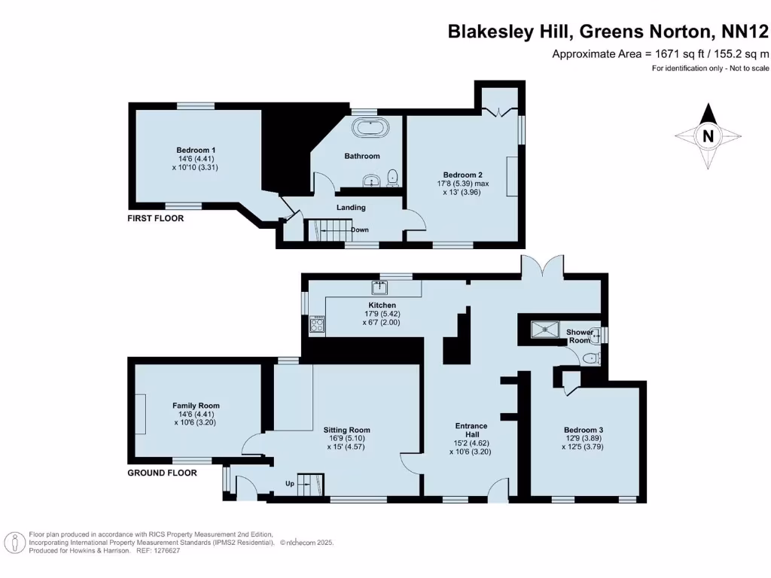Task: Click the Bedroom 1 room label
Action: [195, 150]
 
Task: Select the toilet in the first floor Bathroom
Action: [392, 178]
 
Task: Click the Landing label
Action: [351, 208]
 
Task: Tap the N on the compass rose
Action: [708, 136]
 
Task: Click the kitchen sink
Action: [379, 287]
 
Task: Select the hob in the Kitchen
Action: [316, 327]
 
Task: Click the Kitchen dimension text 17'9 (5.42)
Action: [381, 314]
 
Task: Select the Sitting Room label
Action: [347, 430]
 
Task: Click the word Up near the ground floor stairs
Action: [288, 483]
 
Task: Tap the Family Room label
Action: [196, 406]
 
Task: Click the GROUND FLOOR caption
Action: [162, 473]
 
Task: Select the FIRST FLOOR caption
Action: [155, 218]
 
